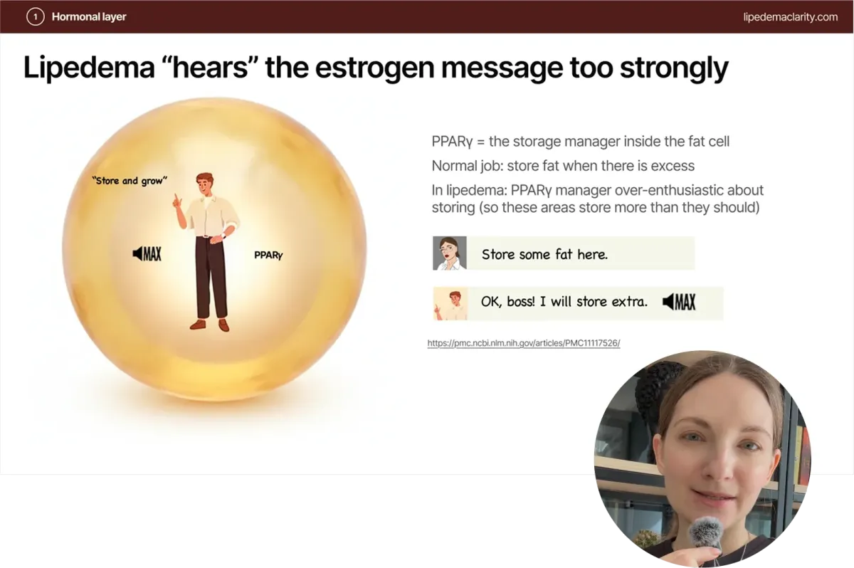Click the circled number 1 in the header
point(35,17)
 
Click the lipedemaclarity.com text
point(791,17)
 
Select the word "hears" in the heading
point(210,67)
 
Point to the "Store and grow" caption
point(130,180)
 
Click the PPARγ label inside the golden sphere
point(268,255)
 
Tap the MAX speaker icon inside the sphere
point(147,253)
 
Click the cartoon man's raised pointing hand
point(177,201)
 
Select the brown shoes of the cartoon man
point(210,325)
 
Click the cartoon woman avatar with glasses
point(450,253)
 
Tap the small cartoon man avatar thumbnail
point(450,303)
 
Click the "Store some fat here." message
point(544,254)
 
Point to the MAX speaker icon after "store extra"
point(679,302)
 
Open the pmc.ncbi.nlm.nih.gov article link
point(524,343)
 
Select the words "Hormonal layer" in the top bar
point(89,17)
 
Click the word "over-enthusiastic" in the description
point(670,190)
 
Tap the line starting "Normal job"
point(563,166)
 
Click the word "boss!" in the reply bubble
point(521,302)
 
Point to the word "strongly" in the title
point(674,68)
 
